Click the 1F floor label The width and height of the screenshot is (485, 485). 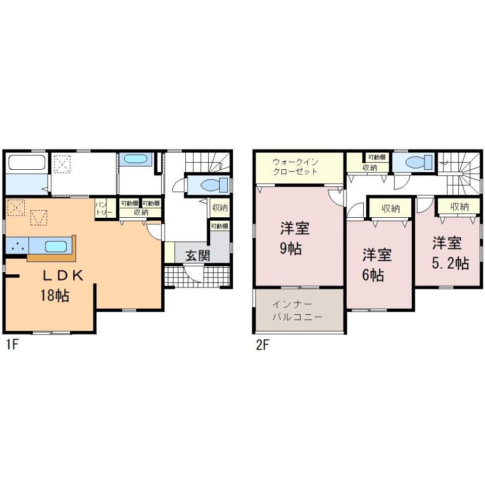[x=12, y=345]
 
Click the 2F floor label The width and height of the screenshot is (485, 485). [x=263, y=345]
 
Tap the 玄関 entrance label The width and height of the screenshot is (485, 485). [x=198, y=256]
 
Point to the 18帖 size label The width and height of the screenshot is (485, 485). [x=55, y=296]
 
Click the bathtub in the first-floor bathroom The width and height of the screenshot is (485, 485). [x=27, y=162]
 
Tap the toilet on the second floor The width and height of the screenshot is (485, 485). [x=418, y=162]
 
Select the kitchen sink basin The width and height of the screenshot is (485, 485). [x=56, y=247]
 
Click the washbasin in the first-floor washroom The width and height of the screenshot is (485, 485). [x=135, y=159]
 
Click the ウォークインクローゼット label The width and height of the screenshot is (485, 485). [x=296, y=166]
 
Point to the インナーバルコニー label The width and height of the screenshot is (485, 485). [x=298, y=311]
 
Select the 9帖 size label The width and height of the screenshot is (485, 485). [x=291, y=249]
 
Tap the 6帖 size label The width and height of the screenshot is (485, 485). [x=373, y=275]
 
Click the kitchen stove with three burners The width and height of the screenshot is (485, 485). [x=17, y=246]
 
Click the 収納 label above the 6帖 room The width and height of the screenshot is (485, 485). [x=391, y=209]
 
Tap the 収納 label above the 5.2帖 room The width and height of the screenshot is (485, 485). [x=460, y=207]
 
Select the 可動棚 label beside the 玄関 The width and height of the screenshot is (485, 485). [x=220, y=226]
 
